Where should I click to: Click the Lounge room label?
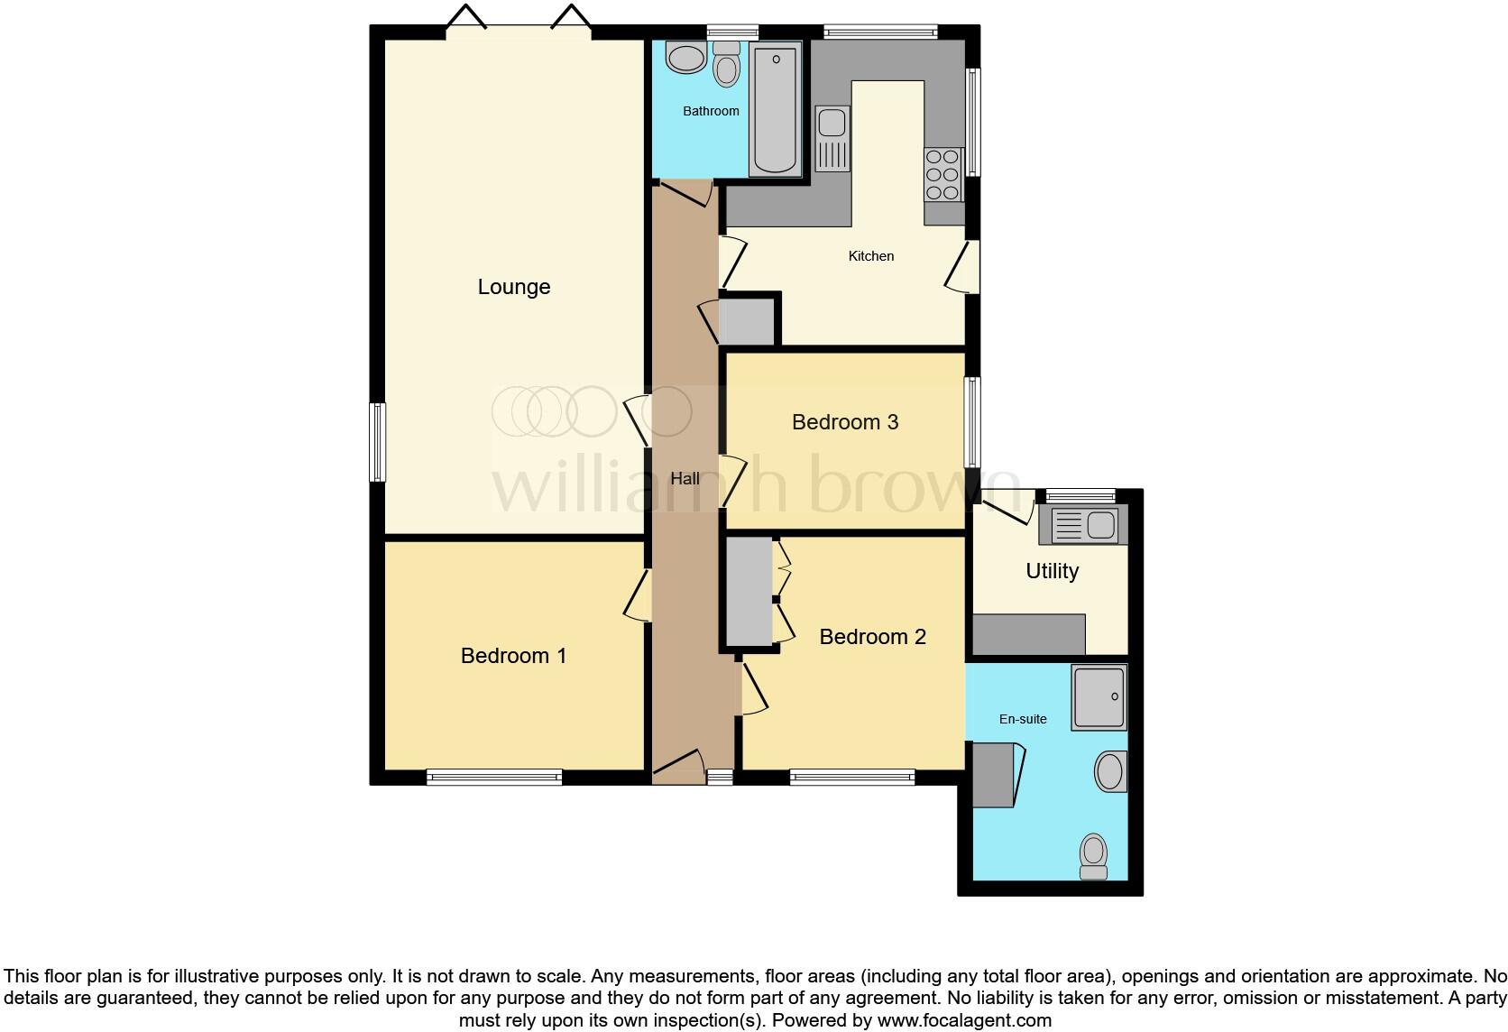click(513, 287)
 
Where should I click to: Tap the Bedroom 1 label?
click(513, 656)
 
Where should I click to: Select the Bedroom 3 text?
click(845, 422)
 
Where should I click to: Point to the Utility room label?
click(1052, 571)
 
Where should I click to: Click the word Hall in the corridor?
click(685, 479)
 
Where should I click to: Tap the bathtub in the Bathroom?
click(775, 110)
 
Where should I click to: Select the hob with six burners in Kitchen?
click(942, 175)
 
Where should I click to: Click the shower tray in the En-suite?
click(1099, 697)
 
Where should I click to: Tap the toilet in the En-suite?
click(1093, 855)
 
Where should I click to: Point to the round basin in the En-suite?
click(1110, 772)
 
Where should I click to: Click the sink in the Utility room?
click(1083, 525)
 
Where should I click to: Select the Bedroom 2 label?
click(872, 637)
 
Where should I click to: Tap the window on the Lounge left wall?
click(379, 442)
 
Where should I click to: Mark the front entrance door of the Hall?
click(678, 766)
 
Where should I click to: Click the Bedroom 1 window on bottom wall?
click(494, 777)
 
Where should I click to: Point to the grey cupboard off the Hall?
click(747, 321)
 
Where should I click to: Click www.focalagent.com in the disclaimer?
click(964, 1020)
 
